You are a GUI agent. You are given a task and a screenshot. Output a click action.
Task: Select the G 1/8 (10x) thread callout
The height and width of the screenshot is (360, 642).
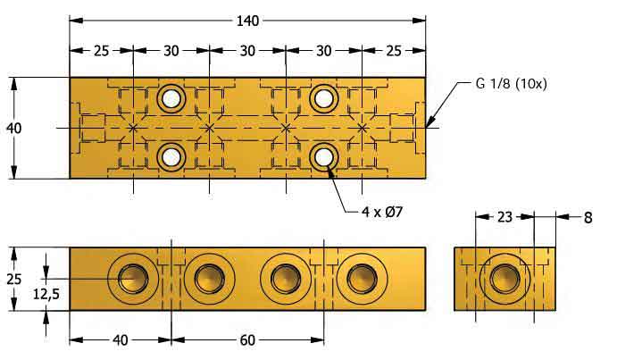pyautogui.click(x=510, y=84)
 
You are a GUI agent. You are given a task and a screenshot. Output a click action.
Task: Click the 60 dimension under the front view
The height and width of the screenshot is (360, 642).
pyautogui.click(x=247, y=339)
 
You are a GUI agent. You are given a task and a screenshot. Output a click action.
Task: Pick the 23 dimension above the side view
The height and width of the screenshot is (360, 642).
pyautogui.click(x=504, y=215)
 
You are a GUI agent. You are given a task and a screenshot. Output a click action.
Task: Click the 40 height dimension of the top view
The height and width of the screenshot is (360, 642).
pyautogui.click(x=13, y=128)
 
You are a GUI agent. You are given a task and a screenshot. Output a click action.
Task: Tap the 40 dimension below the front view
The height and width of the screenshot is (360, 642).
pyautogui.click(x=121, y=339)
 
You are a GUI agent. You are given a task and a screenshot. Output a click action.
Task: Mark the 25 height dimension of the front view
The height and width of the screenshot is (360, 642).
pyautogui.click(x=13, y=278)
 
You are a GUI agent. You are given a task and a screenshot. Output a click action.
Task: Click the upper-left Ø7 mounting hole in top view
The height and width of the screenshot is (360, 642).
pyautogui.click(x=171, y=97)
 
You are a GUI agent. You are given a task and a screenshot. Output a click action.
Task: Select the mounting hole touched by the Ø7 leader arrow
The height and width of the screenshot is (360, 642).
pyautogui.click(x=323, y=157)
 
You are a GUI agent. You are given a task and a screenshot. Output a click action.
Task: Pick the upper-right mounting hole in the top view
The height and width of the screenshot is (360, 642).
pyautogui.click(x=323, y=97)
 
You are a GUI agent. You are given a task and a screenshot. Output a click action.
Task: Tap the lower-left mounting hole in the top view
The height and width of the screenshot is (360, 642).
pyautogui.click(x=171, y=157)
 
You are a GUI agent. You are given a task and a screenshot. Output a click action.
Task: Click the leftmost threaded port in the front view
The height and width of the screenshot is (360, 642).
pyautogui.click(x=132, y=278)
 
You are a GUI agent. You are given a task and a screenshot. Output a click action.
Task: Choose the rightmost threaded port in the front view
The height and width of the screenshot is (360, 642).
pyautogui.click(x=362, y=278)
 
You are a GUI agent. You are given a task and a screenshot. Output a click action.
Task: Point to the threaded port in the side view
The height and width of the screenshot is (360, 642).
pyautogui.click(x=504, y=278)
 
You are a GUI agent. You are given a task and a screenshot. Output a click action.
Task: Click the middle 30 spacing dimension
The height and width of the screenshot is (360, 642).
pyautogui.click(x=247, y=50)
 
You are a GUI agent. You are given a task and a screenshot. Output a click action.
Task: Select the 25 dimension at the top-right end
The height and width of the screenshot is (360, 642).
pyautogui.click(x=394, y=50)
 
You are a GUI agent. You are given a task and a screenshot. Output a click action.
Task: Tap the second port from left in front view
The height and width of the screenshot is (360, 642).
pyautogui.click(x=209, y=278)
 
